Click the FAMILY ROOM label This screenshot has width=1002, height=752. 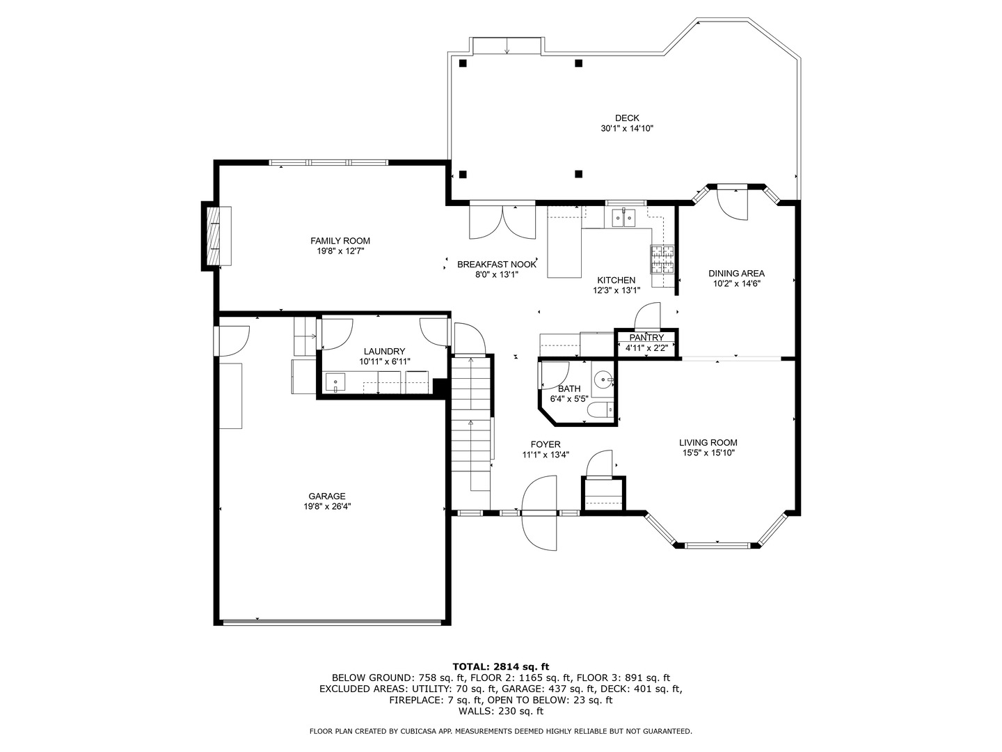point(340,241)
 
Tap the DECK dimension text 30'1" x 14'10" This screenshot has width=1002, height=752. point(627,128)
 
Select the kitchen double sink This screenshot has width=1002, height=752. point(623,218)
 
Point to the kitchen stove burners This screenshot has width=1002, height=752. point(662,259)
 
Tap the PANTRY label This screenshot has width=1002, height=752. point(646,338)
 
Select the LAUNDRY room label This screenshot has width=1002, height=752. point(384,351)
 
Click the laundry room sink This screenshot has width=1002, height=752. point(335,382)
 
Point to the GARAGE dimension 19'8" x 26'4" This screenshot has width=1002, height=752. point(327,506)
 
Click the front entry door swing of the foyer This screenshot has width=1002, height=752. point(539,513)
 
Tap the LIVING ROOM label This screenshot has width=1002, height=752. point(708,442)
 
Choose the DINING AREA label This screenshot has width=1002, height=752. point(736,274)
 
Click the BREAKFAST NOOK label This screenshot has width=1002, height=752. point(497,265)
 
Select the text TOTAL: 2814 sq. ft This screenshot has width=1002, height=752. point(501,667)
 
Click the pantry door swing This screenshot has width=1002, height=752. point(648,315)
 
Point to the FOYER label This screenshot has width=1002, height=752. point(546,444)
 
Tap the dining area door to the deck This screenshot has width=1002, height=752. point(732,203)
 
